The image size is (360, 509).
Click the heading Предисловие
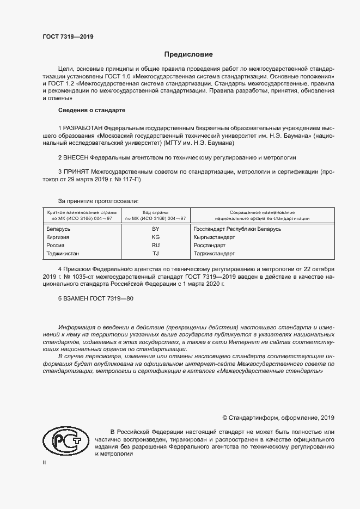[189, 54]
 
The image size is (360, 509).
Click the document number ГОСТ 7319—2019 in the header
[68, 37]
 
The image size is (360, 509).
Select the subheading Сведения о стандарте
[88, 111]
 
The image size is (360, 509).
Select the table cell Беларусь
[59, 229]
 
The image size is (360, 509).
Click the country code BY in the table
[155, 229]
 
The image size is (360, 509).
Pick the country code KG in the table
[155, 237]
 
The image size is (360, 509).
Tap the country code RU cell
[155, 246]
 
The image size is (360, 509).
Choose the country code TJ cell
[155, 254]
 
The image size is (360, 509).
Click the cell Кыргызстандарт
[214, 237]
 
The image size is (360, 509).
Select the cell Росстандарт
[209, 246]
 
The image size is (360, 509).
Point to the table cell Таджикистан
[63, 254]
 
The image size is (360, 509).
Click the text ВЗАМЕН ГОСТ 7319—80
[95, 299]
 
